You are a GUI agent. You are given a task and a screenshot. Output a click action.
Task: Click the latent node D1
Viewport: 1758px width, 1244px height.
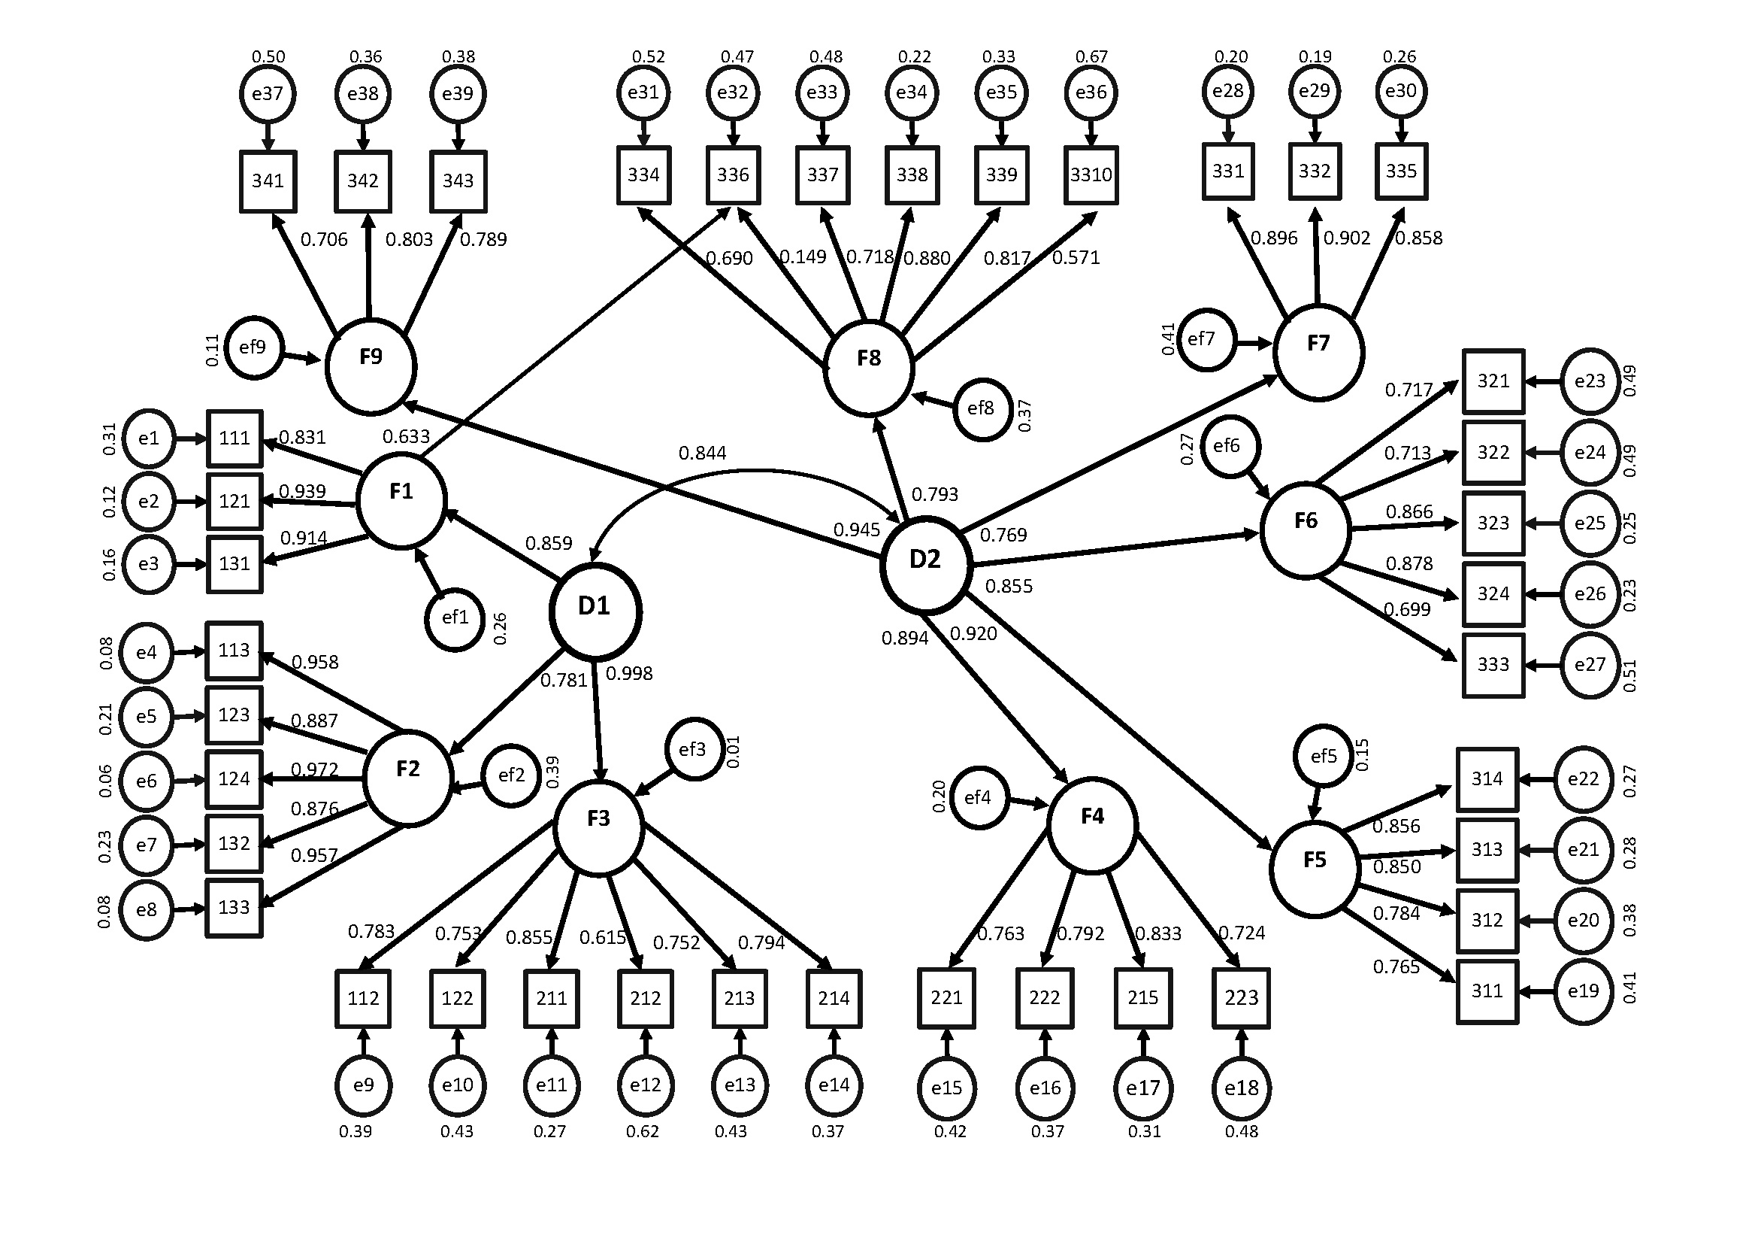click(x=595, y=611)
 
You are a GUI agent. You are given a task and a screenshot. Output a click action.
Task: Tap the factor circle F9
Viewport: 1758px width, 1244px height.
click(x=371, y=366)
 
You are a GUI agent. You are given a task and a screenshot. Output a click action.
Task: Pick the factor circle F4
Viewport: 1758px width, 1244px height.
click(x=1092, y=825)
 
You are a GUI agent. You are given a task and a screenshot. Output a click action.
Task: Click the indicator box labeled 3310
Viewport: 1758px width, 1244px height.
click(x=1091, y=175)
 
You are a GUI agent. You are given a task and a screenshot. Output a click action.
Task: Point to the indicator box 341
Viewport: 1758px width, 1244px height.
click(x=268, y=181)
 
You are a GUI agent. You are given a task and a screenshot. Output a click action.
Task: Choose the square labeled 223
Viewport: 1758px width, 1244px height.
click(x=1241, y=998)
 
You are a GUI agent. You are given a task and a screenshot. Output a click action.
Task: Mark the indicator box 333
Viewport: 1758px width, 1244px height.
click(x=1493, y=665)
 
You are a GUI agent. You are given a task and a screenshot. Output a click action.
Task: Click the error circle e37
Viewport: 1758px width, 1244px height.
click(x=268, y=94)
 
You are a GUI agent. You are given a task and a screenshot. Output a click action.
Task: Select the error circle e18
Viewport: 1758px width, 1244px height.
click(x=1241, y=1088)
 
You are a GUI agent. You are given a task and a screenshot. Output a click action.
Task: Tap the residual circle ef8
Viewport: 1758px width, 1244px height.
click(x=982, y=409)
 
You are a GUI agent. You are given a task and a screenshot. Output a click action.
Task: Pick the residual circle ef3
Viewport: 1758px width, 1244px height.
click(x=694, y=749)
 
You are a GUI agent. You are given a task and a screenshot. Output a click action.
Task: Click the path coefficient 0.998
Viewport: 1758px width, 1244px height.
click(x=629, y=674)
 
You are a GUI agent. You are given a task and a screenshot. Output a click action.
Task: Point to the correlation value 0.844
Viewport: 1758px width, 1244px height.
click(x=702, y=454)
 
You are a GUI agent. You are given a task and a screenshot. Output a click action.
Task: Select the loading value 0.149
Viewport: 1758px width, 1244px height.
click(x=803, y=257)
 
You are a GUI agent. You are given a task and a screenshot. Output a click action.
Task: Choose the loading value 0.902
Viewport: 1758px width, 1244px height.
click(x=1347, y=238)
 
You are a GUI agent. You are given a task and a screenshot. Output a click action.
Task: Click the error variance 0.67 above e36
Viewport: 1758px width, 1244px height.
click(x=1091, y=56)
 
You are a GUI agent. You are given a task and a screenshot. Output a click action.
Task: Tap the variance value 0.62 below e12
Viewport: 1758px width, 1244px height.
click(x=643, y=1131)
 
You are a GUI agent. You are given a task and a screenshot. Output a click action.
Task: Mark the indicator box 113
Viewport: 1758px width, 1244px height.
click(x=234, y=651)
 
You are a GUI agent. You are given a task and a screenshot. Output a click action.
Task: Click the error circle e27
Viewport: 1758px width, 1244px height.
click(x=1590, y=665)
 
